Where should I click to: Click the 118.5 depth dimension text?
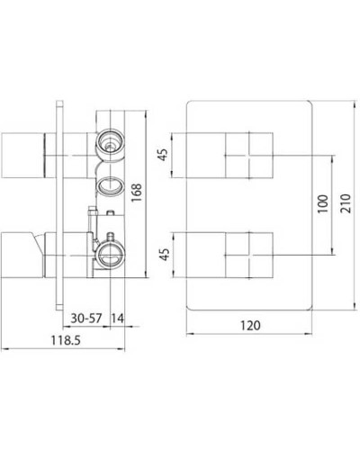pos(59,341)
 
